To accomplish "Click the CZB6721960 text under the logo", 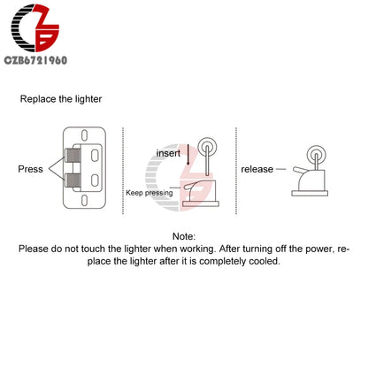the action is click(35, 60).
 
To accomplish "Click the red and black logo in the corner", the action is click(34, 28).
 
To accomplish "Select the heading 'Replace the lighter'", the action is click(61, 99).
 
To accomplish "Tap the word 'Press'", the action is click(30, 169).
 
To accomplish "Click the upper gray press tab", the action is click(73, 155).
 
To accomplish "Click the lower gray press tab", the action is click(73, 180).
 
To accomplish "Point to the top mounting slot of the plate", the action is click(84, 135).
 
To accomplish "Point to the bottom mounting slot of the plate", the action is click(84, 200).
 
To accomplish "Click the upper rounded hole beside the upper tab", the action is click(95, 156).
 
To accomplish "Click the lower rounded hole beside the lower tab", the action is click(95, 180).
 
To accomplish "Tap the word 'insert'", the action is click(168, 153).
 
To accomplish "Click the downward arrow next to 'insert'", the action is click(188, 155).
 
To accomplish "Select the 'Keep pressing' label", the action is click(149, 193).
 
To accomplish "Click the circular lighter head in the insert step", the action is click(207, 147).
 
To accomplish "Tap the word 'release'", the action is click(257, 169).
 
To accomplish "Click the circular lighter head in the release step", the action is click(317, 155).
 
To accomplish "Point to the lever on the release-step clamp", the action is click(300, 170).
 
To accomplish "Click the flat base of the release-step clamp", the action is click(310, 194).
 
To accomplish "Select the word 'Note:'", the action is click(184, 236).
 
